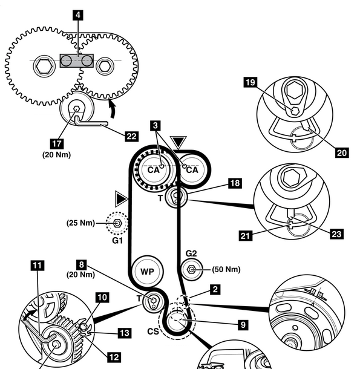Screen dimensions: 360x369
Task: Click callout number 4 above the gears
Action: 78,15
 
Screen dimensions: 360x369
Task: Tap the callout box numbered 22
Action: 131,137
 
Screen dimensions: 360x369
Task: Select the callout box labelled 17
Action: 57,143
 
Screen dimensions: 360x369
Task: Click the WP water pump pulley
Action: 148,271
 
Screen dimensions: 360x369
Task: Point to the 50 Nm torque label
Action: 226,269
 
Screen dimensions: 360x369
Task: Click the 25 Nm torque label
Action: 80,223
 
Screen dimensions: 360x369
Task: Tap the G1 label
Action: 117,241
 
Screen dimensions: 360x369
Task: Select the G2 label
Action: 191,253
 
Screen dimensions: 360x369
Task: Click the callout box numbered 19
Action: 250,82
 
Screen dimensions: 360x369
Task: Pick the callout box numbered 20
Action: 342,152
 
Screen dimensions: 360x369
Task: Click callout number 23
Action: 336,234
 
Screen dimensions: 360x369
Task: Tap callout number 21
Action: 246,235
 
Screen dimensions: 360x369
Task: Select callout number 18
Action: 235,183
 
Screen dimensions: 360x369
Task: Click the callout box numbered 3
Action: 155,125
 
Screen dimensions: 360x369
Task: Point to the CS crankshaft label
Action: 153,331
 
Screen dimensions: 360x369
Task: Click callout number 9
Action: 243,325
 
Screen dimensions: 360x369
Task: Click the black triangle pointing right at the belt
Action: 122,199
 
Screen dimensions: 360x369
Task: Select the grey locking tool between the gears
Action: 77,60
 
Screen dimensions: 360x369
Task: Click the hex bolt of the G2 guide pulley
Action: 192,269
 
